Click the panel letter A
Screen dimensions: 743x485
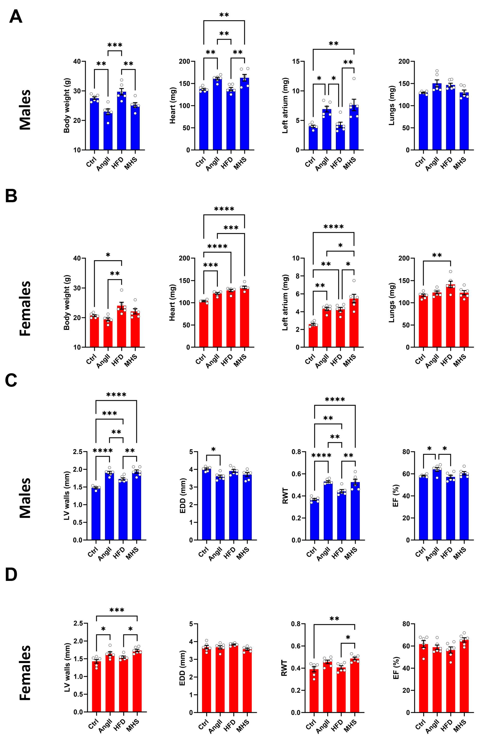pyautogui.click(x=16, y=17)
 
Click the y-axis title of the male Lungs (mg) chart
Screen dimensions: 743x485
pyautogui.click(x=392, y=106)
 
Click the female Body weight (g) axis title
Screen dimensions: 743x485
pyautogui.click(x=67, y=303)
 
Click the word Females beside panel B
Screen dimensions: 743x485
pyautogui.click(x=26, y=308)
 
